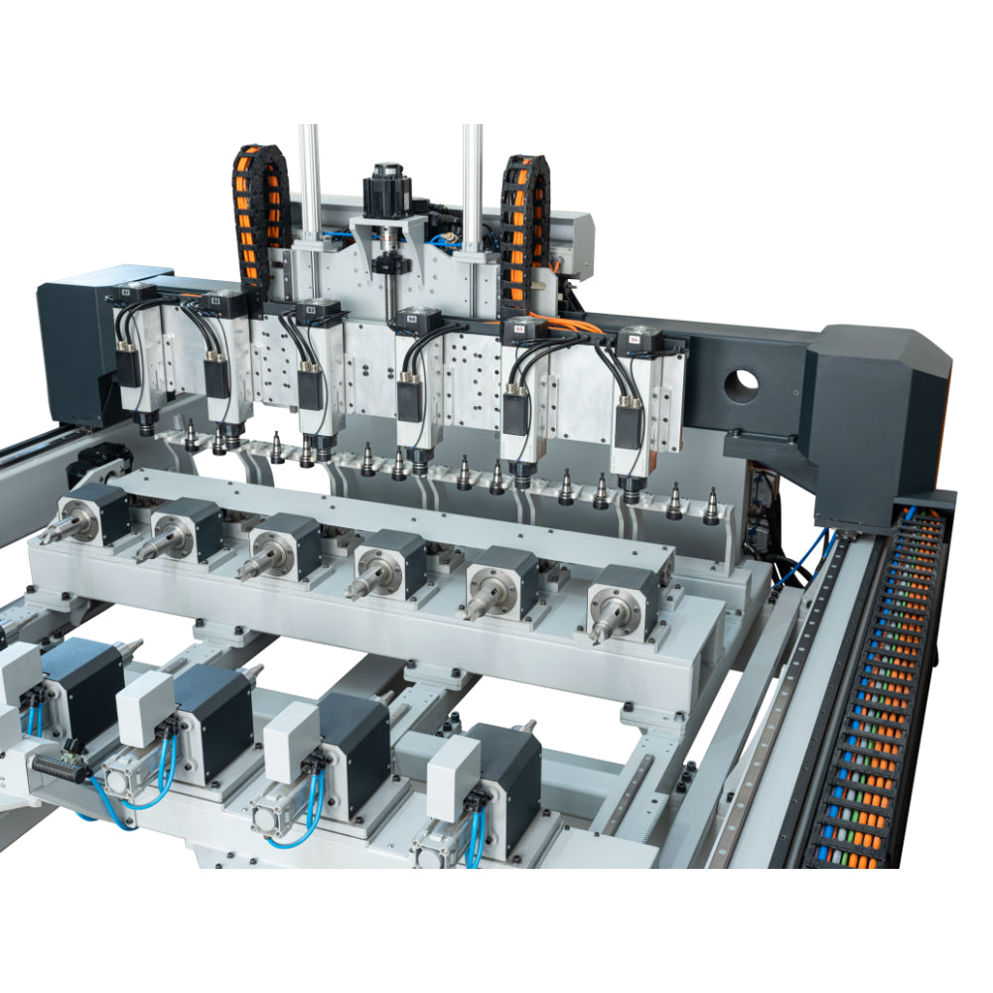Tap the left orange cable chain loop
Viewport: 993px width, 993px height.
260,213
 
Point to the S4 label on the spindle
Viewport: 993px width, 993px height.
410,321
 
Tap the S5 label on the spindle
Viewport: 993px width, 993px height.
518,329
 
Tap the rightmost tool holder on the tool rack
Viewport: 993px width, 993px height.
711,506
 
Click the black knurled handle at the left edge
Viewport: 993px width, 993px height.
60,766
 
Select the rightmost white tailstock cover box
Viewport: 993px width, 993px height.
454,765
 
